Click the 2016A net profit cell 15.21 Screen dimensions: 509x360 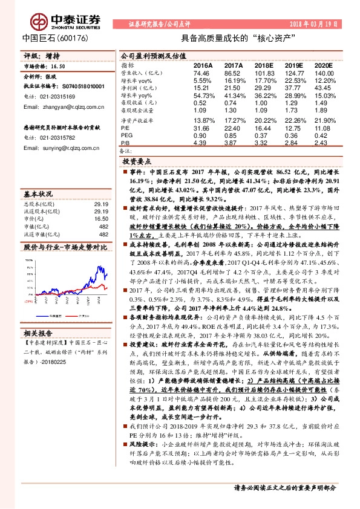(x=202, y=87)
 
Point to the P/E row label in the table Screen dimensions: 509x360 (x=125, y=128)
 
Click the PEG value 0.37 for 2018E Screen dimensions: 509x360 (x=264, y=135)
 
